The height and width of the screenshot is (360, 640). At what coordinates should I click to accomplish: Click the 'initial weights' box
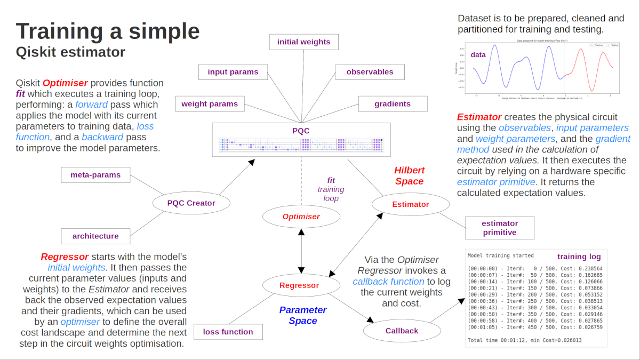303,42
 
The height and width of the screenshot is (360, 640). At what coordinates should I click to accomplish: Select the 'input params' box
233,72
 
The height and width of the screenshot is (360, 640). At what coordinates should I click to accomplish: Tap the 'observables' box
370,72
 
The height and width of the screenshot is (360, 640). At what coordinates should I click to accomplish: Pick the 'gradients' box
393,103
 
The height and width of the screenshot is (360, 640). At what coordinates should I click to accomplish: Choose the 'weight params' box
210,103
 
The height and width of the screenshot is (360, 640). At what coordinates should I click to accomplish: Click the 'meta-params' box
95,174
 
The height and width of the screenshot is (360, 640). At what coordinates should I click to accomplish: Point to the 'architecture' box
95,236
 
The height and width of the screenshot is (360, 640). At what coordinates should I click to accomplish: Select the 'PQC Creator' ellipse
191,203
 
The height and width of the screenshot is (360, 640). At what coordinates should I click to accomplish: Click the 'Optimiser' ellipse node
301,217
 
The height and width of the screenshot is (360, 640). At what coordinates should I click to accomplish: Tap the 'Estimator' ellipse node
410,204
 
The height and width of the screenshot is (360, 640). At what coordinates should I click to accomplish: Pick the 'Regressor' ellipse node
299,285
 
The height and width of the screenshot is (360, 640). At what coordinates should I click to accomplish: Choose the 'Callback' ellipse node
402,331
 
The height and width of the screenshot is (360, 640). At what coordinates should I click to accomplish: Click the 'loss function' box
228,332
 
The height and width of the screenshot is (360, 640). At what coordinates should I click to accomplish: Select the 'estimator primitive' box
500,228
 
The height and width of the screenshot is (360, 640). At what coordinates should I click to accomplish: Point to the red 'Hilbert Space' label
410,176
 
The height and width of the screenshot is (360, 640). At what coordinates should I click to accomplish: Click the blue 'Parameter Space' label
303,315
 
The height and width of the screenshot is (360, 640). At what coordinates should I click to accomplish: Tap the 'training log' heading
579,256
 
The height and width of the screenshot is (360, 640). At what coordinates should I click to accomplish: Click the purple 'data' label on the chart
478,55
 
